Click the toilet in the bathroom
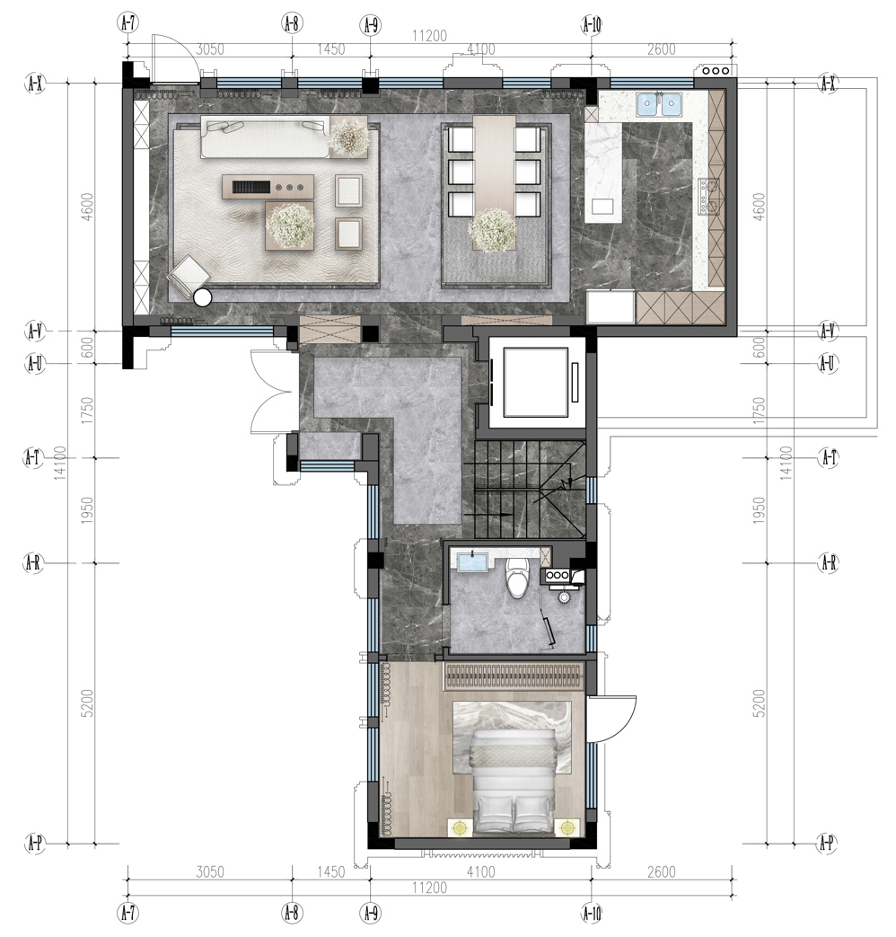click(516, 579)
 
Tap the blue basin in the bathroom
click(471, 563)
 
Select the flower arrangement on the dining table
click(491, 229)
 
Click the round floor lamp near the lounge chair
click(202, 297)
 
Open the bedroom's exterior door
click(611, 719)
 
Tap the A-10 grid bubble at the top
click(591, 24)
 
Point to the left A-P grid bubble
click(35, 844)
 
